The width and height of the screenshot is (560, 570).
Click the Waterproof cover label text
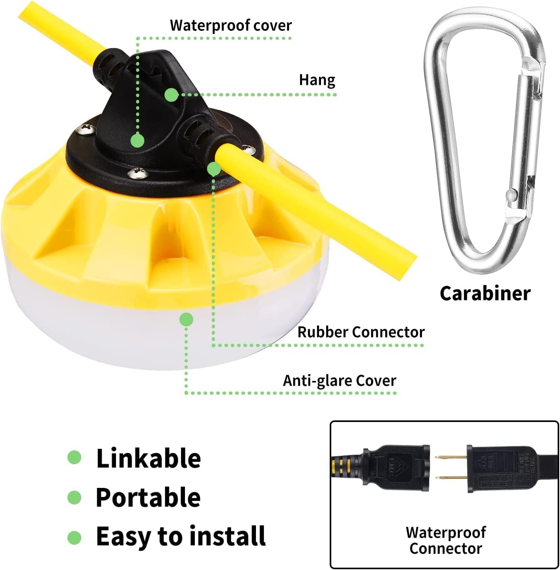(231, 26)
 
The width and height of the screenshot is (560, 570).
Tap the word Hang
(317, 80)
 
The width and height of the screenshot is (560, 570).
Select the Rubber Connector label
(361, 332)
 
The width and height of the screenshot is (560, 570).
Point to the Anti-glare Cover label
(340, 381)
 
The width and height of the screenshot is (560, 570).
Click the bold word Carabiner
(485, 293)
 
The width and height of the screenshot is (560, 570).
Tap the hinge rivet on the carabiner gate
(511, 194)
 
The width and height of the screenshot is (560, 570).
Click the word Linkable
(148, 458)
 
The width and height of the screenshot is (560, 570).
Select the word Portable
(148, 497)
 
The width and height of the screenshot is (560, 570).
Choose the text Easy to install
(181, 536)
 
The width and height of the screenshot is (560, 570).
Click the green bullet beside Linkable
(74, 457)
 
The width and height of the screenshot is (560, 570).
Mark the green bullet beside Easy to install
(74, 537)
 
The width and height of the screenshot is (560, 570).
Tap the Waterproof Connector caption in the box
(446, 540)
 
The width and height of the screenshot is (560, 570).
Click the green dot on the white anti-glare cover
(186, 319)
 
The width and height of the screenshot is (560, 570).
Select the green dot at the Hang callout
(171, 95)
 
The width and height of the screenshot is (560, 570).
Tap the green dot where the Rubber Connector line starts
(214, 169)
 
